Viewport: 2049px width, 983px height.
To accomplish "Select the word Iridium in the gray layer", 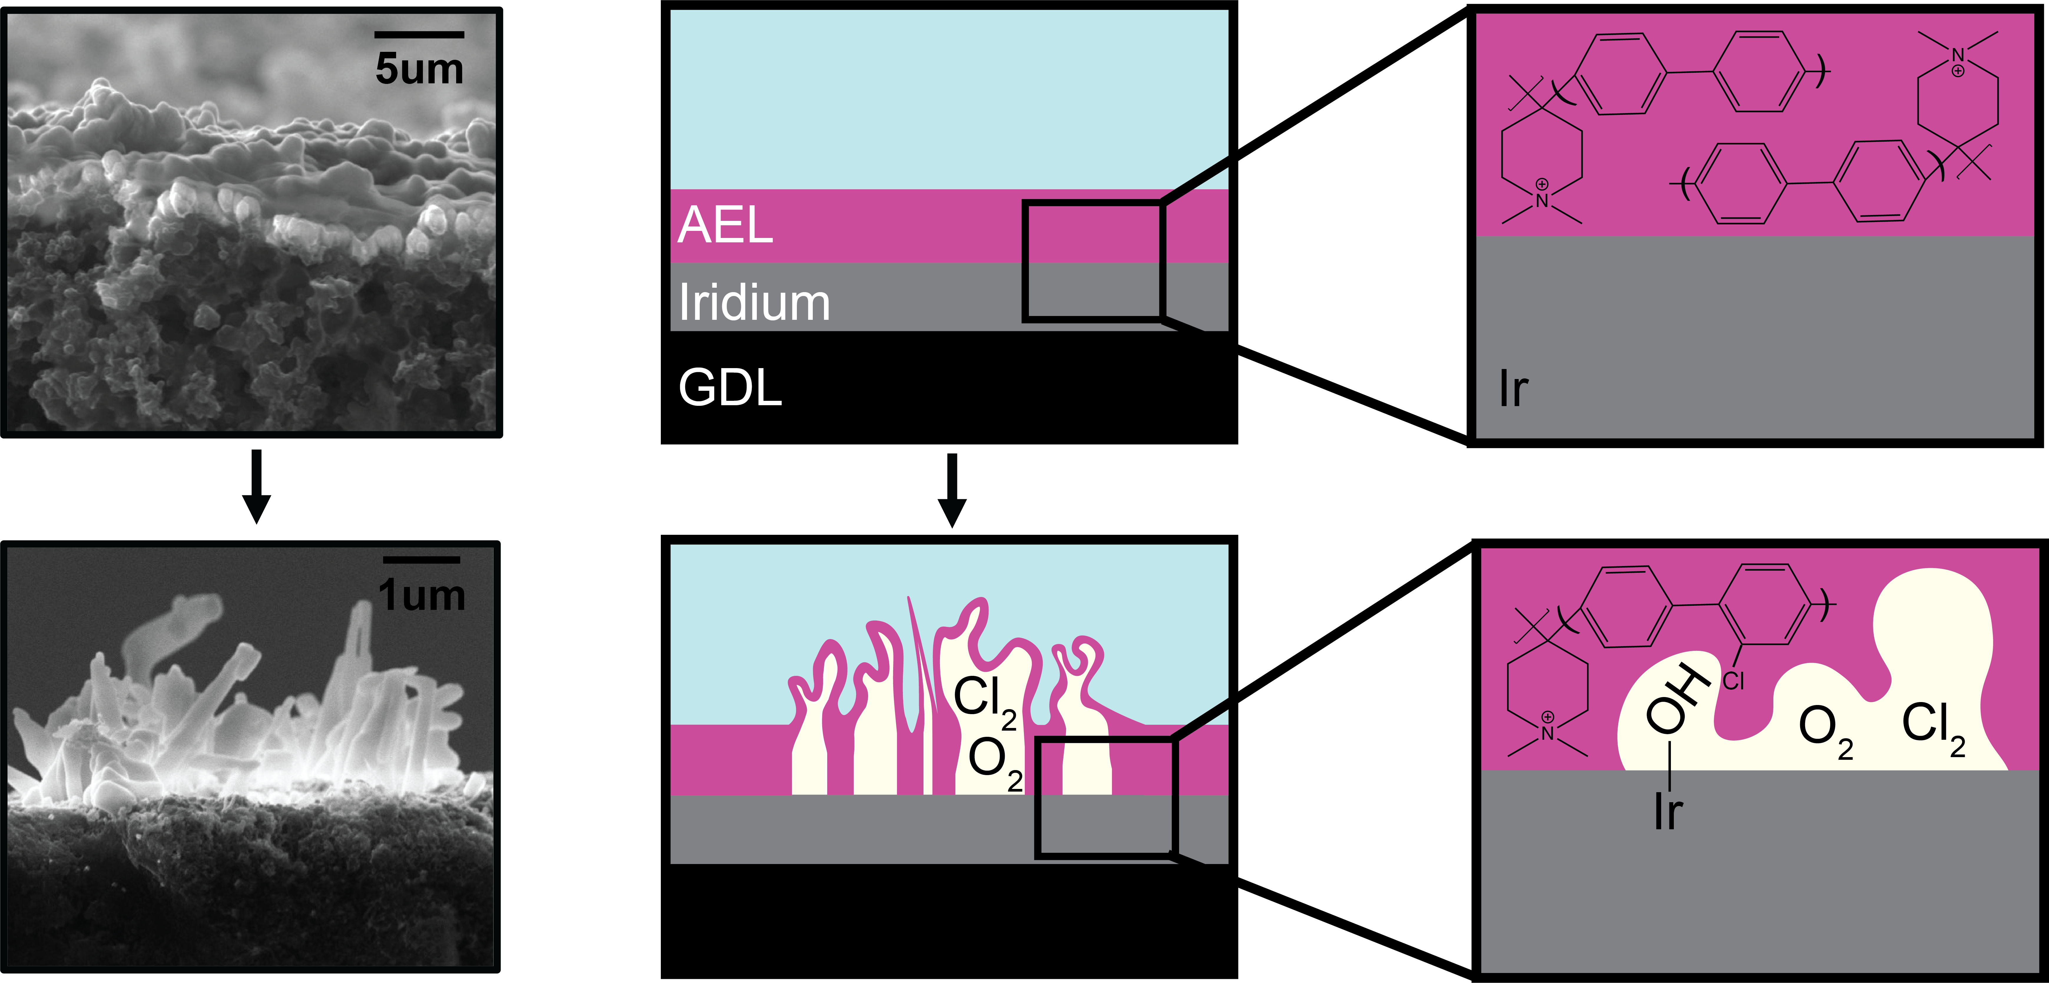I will tap(754, 303).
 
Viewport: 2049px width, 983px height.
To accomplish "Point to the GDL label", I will tap(730, 388).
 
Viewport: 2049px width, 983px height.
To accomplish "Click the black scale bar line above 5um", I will tap(419, 34).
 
